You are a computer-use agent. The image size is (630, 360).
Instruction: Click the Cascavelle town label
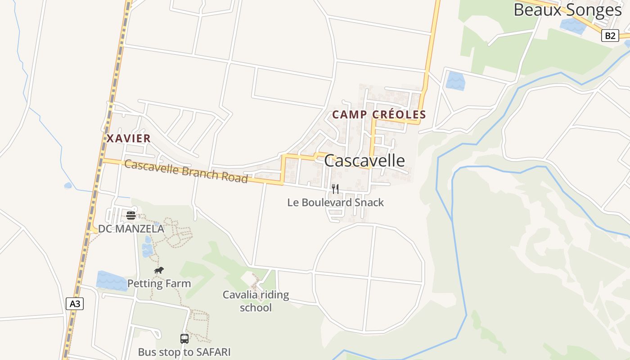[364, 161]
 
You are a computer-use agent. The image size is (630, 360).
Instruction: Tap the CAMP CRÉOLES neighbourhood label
[379, 115]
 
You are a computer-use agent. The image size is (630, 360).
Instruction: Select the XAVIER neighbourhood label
[129, 139]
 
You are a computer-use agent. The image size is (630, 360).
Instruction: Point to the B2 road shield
[610, 36]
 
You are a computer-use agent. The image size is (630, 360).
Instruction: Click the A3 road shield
[75, 304]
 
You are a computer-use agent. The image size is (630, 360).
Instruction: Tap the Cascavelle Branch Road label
[186, 171]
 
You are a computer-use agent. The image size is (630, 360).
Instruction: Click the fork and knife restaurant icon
[335, 189]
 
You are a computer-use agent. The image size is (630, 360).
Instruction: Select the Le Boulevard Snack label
[335, 202]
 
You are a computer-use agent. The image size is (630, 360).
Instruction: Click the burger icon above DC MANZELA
[131, 216]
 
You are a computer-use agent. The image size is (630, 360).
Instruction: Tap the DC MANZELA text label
[131, 229]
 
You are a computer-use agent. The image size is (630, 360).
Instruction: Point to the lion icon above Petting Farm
[158, 270]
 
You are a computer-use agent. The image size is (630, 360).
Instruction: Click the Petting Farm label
[159, 283]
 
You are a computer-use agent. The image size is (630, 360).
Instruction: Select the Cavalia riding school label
[256, 301]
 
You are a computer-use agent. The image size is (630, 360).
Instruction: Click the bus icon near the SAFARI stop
[184, 339]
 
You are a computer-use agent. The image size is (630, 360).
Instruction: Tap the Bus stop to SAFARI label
[184, 352]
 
